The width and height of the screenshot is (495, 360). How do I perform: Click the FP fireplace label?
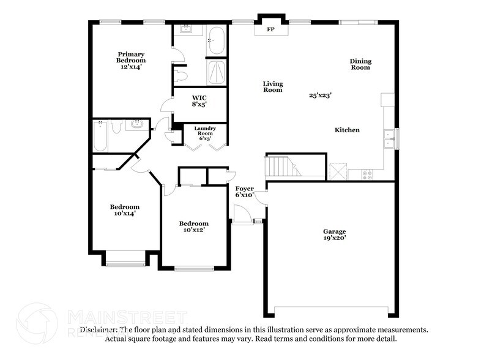270,29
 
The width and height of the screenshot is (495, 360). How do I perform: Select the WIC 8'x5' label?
199,101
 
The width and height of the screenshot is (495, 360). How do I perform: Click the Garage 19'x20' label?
335,234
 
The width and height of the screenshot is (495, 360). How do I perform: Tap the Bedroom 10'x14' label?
124,210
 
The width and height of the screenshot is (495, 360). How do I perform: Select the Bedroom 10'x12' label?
193,227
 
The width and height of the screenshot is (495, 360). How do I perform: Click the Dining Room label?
360,64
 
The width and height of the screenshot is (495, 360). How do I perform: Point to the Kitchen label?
347,130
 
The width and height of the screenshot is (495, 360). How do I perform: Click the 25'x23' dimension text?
320,96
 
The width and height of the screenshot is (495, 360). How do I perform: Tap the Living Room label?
272,86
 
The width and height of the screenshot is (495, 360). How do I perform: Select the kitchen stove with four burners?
368,174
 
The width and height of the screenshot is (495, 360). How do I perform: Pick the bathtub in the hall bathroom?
100,136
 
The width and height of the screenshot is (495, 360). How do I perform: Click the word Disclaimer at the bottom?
96,329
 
